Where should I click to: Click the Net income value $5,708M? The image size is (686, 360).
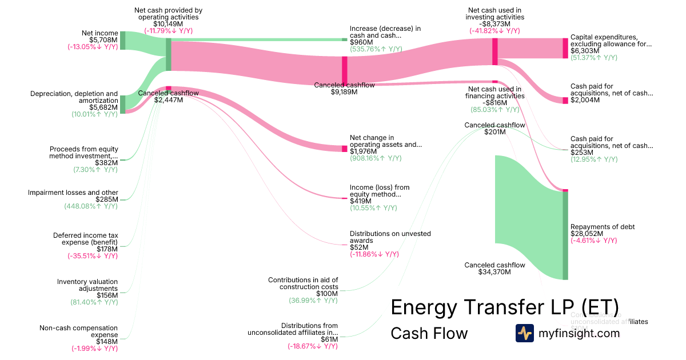[105, 40]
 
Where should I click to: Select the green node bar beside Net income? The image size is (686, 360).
[122, 41]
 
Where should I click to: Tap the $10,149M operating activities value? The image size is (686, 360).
[168, 24]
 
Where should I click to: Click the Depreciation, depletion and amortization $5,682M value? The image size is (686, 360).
[105, 107]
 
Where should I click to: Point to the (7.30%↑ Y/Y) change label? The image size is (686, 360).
[95, 170]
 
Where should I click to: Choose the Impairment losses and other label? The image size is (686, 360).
[73, 193]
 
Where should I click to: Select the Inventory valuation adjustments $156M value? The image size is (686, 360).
[106, 295]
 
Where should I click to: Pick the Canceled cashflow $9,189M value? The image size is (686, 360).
[344, 91]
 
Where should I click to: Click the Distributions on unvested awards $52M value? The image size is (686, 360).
[360, 247]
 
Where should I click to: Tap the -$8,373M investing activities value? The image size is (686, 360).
[495, 24]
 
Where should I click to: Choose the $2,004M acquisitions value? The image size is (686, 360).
[585, 100]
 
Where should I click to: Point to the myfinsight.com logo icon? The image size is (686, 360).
[524, 333]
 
